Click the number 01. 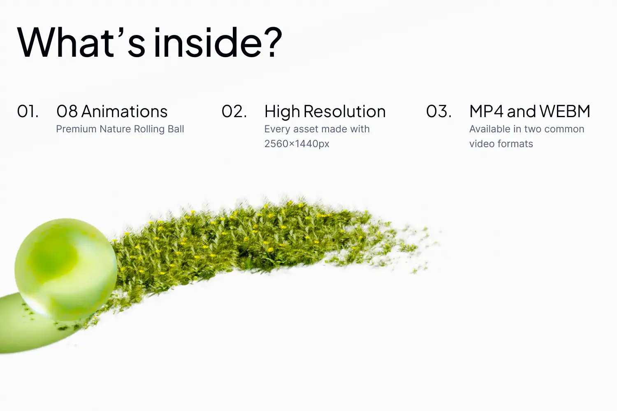point(28,111)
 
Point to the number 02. point(234,111)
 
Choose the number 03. point(439,111)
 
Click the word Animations point(124,111)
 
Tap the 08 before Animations point(67,111)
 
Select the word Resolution point(345,111)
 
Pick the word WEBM point(565,111)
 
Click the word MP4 point(487,111)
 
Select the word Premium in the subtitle point(76,129)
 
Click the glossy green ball point(65,270)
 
